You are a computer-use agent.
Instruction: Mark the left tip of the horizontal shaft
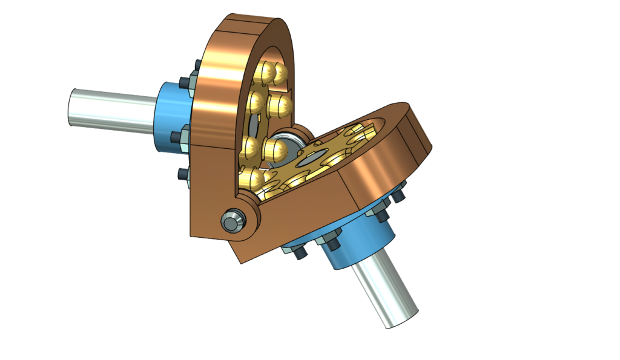71,107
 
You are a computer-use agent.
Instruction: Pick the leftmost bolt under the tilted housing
298,254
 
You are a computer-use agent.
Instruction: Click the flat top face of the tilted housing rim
412,118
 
